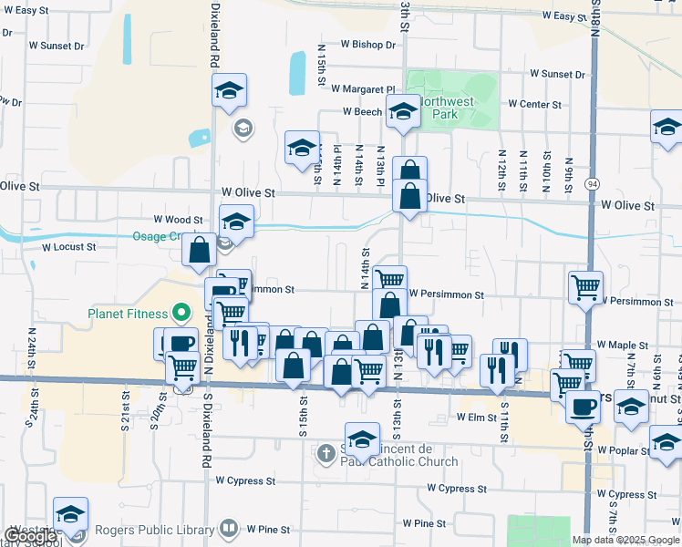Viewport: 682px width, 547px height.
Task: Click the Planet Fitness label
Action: click(x=129, y=315)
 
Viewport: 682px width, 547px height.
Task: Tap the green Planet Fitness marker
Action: click(x=181, y=315)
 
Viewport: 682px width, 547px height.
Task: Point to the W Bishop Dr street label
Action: click(x=369, y=44)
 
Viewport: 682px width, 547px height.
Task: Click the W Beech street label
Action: click(x=362, y=112)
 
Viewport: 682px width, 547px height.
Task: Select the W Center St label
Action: click(x=535, y=105)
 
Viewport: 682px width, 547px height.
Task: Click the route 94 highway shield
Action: click(x=592, y=184)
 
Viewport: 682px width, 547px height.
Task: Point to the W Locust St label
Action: click(x=68, y=247)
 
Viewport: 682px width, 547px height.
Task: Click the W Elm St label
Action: click(x=475, y=417)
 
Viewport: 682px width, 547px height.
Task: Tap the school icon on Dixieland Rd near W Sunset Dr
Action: click(x=230, y=90)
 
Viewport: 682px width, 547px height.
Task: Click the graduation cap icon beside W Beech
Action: click(x=401, y=111)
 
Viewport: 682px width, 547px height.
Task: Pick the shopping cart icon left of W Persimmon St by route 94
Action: click(x=585, y=286)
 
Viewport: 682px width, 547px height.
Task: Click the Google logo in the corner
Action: click(x=30, y=536)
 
